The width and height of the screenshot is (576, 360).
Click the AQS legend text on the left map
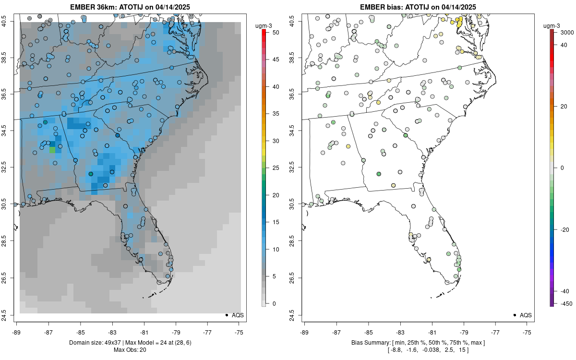[238, 315]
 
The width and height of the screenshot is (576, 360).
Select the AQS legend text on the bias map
[526, 315]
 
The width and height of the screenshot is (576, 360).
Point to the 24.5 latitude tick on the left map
[10, 315]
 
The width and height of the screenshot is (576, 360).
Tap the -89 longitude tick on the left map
[16, 332]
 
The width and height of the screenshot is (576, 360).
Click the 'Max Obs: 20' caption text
[130, 350]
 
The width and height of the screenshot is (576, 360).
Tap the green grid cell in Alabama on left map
[52, 150]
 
